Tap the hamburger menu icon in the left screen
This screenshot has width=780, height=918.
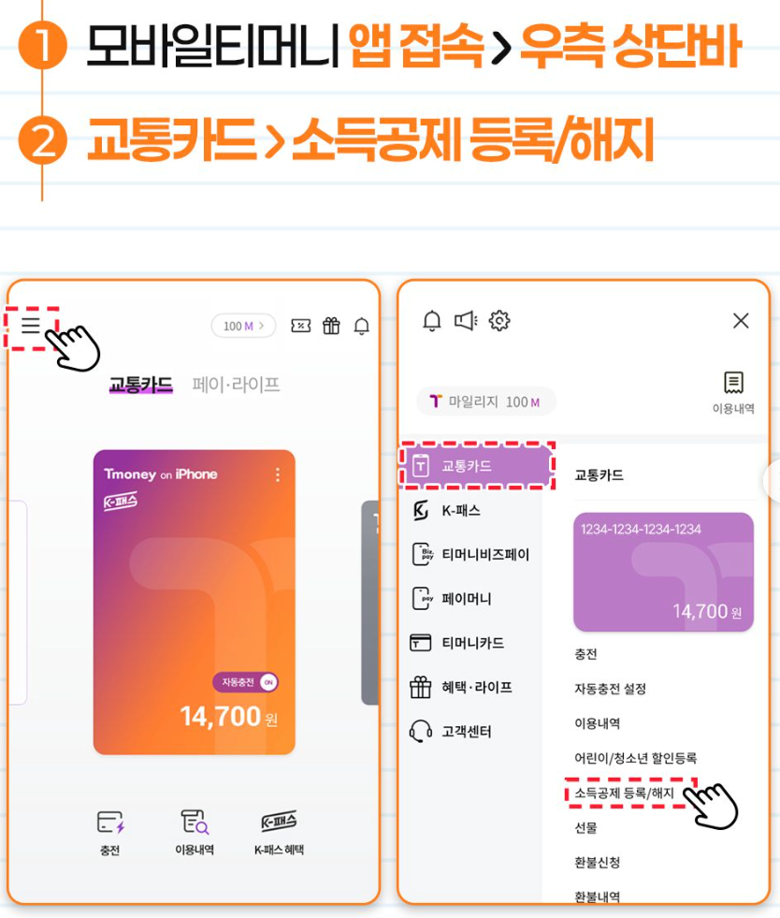tap(31, 325)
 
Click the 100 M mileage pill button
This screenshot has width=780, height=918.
tap(243, 326)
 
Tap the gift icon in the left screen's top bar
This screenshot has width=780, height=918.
tap(331, 326)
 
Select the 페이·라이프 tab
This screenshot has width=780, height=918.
tap(236, 385)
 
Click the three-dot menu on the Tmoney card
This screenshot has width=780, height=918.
tap(278, 474)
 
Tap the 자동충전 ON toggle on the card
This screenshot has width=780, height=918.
tap(245, 682)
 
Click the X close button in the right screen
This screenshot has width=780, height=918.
tap(741, 321)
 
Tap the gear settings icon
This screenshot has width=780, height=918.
tap(499, 321)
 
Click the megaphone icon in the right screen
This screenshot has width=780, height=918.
tap(466, 321)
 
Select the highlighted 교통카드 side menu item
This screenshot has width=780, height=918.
tap(476, 466)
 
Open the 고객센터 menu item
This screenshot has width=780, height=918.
tap(450, 731)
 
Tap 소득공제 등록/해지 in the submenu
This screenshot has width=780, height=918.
tap(624, 794)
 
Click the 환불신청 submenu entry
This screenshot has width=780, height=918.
tap(597, 863)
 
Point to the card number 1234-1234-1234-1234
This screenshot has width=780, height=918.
tap(641, 530)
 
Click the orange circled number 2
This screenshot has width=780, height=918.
tap(42, 140)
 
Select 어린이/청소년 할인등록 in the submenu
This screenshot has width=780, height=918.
tap(635, 758)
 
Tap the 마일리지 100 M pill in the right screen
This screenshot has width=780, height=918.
tap(485, 401)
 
